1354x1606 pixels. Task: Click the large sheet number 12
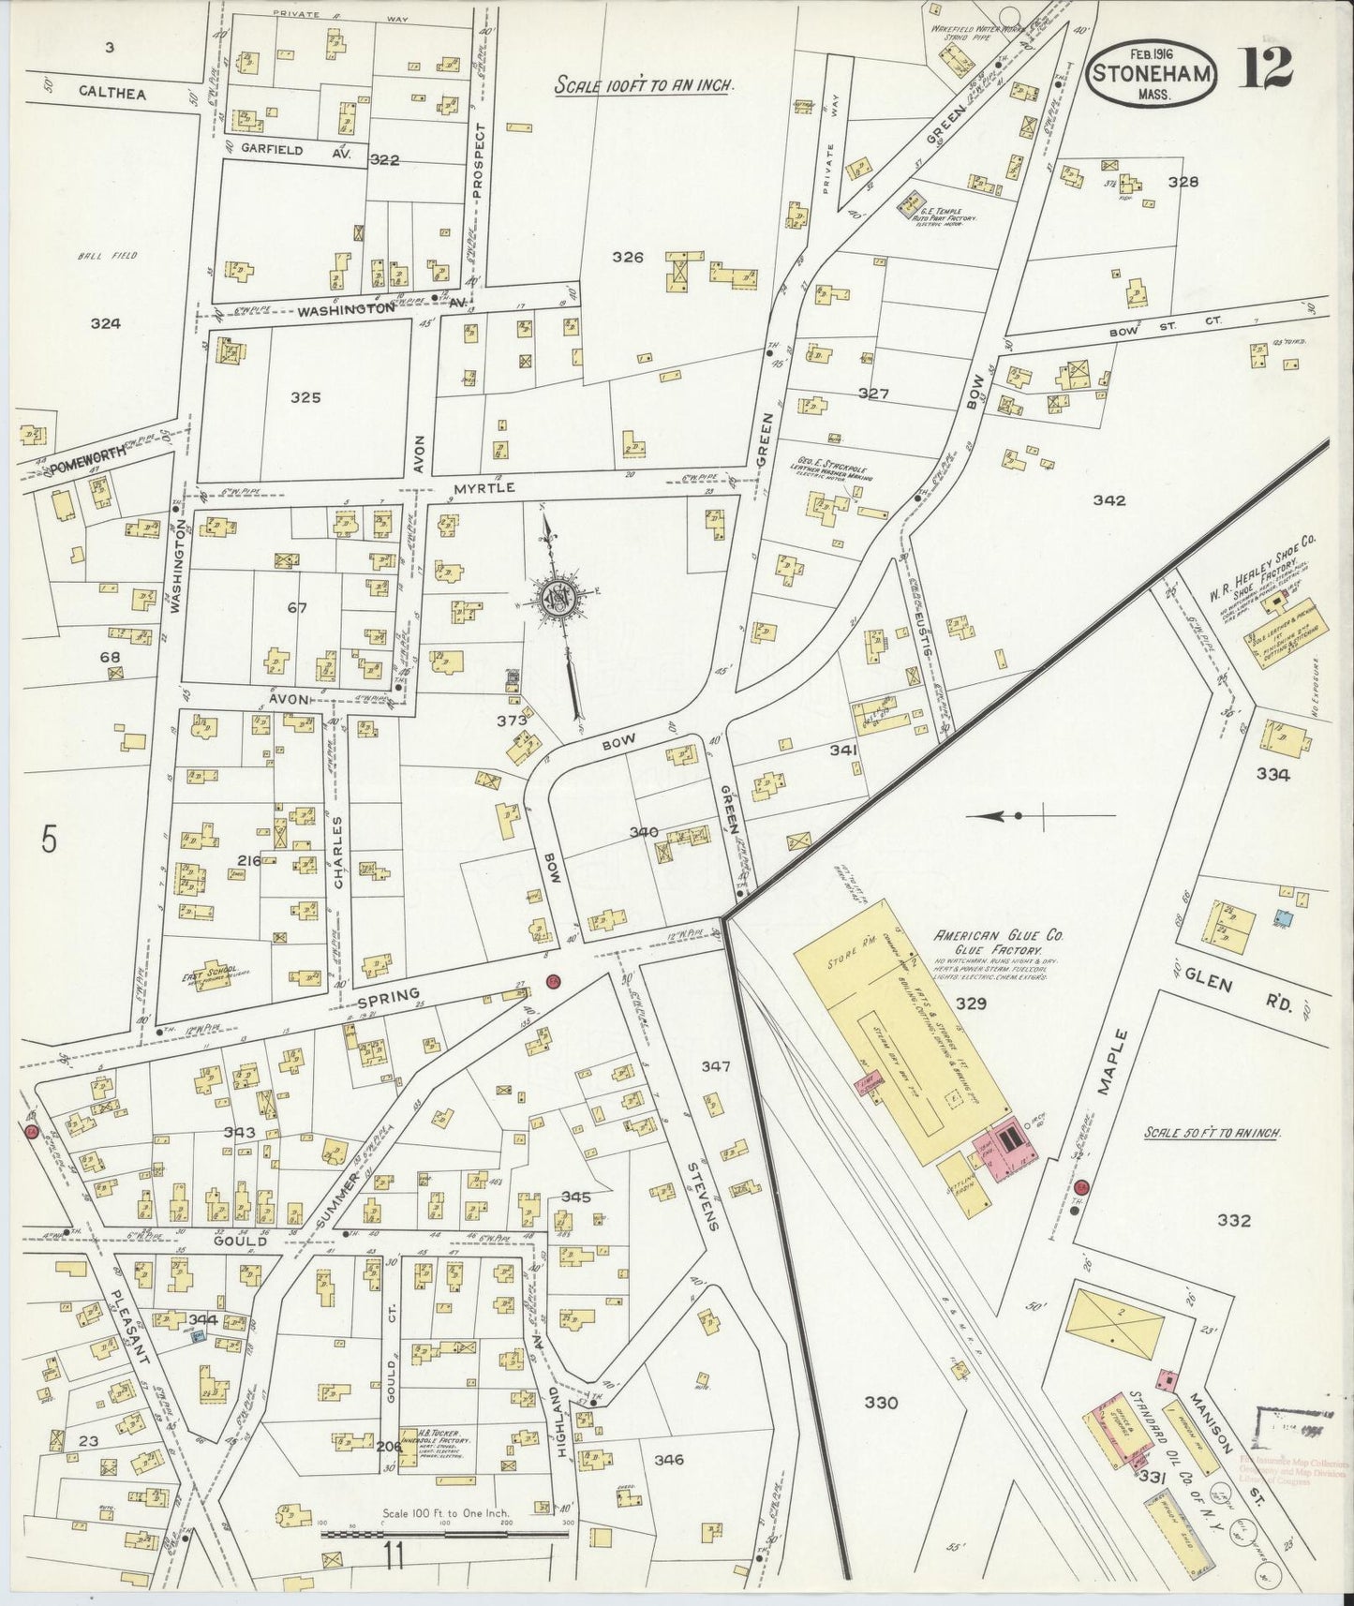1268,65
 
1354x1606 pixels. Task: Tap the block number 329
972,1004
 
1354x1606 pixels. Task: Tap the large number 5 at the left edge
50,840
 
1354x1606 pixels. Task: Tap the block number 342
1108,500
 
